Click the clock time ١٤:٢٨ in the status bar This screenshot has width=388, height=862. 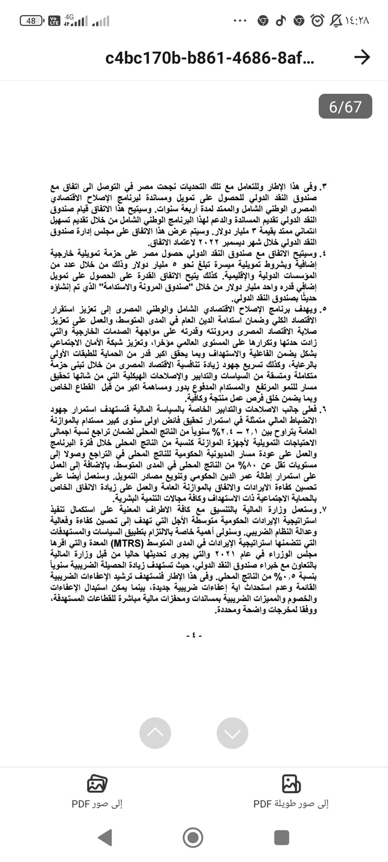pyautogui.click(x=357, y=21)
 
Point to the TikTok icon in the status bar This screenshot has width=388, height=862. pyautogui.click(x=281, y=21)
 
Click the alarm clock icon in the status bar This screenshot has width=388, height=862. pyautogui.click(x=317, y=21)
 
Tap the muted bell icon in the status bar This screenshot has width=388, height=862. pyautogui.click(x=336, y=21)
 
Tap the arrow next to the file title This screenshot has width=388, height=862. pyautogui.click(x=362, y=57)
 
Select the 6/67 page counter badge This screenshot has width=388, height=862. pyautogui.click(x=345, y=106)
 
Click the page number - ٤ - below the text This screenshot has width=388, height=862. pyautogui.click(x=194, y=635)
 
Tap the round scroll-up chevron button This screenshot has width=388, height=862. pyautogui.click(x=155, y=732)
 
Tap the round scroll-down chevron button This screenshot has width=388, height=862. pyautogui.click(x=232, y=732)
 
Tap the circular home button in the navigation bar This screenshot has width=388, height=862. pyautogui.click(x=193, y=837)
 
